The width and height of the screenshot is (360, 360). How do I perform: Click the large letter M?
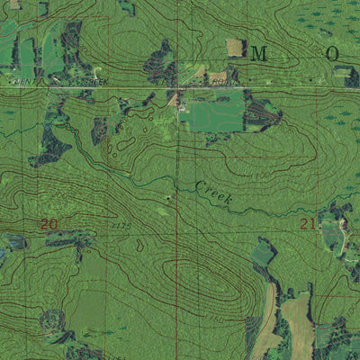click(259, 54)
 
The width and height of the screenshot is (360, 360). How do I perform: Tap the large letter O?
click(332, 54)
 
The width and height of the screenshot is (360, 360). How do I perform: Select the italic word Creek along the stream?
click(214, 192)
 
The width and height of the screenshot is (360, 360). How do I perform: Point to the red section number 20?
click(49, 223)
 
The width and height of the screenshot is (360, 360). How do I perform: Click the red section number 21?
click(308, 223)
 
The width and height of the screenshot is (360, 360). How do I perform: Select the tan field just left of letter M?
click(234, 47)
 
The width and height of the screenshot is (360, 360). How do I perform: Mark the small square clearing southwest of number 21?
click(262, 254)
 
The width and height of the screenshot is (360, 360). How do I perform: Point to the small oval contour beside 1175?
click(138, 243)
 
